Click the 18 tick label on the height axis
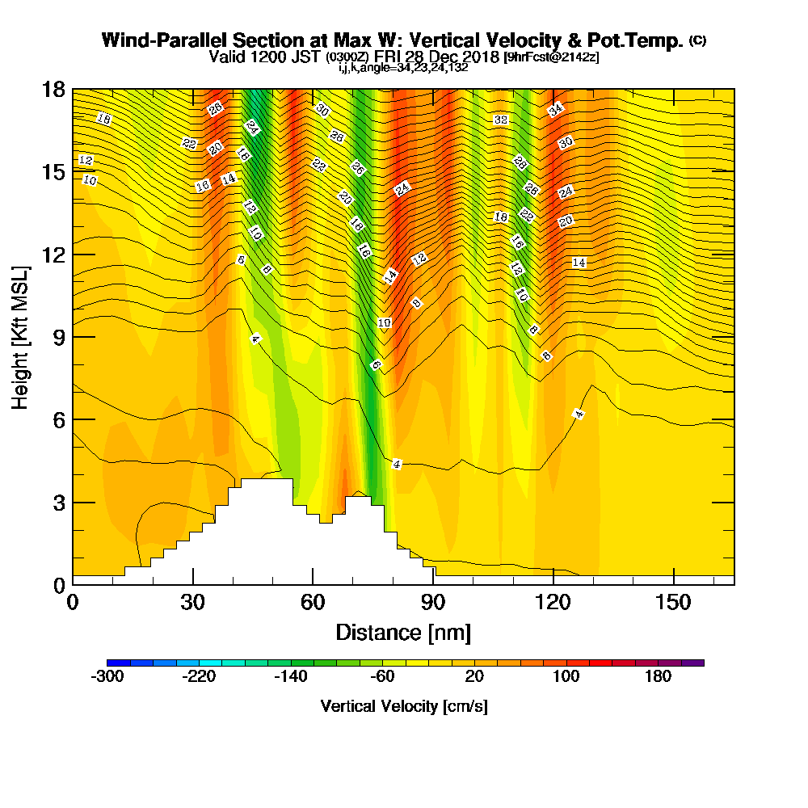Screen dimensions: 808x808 click(54, 89)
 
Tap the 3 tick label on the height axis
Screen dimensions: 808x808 click(59, 502)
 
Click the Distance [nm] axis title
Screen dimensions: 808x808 click(403, 632)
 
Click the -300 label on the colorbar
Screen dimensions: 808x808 click(107, 676)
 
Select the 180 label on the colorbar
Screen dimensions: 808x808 click(658, 676)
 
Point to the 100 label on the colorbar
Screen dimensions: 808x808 click(566, 676)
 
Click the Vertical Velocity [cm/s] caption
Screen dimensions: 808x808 click(404, 706)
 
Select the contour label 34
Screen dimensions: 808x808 click(556, 110)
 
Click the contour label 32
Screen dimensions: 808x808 click(500, 120)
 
